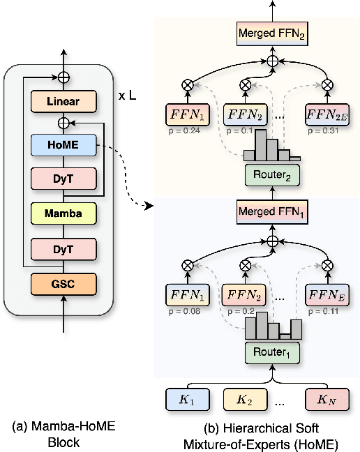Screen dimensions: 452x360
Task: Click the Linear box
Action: tap(63, 102)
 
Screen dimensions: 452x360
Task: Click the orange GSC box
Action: tap(63, 283)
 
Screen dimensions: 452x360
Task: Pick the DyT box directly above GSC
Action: tap(63, 247)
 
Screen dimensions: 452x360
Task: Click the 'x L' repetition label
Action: tap(126, 95)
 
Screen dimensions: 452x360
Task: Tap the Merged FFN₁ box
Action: tap(272, 212)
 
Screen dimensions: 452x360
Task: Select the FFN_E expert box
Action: tap(327, 294)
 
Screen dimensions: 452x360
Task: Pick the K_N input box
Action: tap(324, 400)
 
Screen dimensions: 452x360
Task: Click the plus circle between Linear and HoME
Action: tap(63, 123)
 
